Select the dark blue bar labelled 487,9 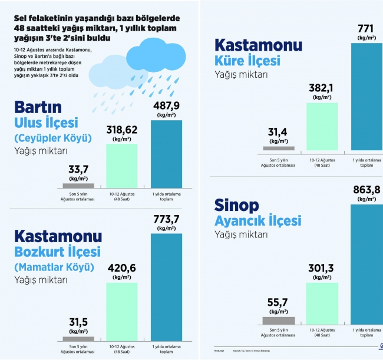(167, 154)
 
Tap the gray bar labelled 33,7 (78, 186)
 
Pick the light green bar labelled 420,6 (122, 309)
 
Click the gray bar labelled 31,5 (78, 339)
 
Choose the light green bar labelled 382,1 (322, 126)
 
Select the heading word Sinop (237, 204)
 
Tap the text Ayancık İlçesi (258, 220)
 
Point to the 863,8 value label (367, 189)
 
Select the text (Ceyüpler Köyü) (53, 138)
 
